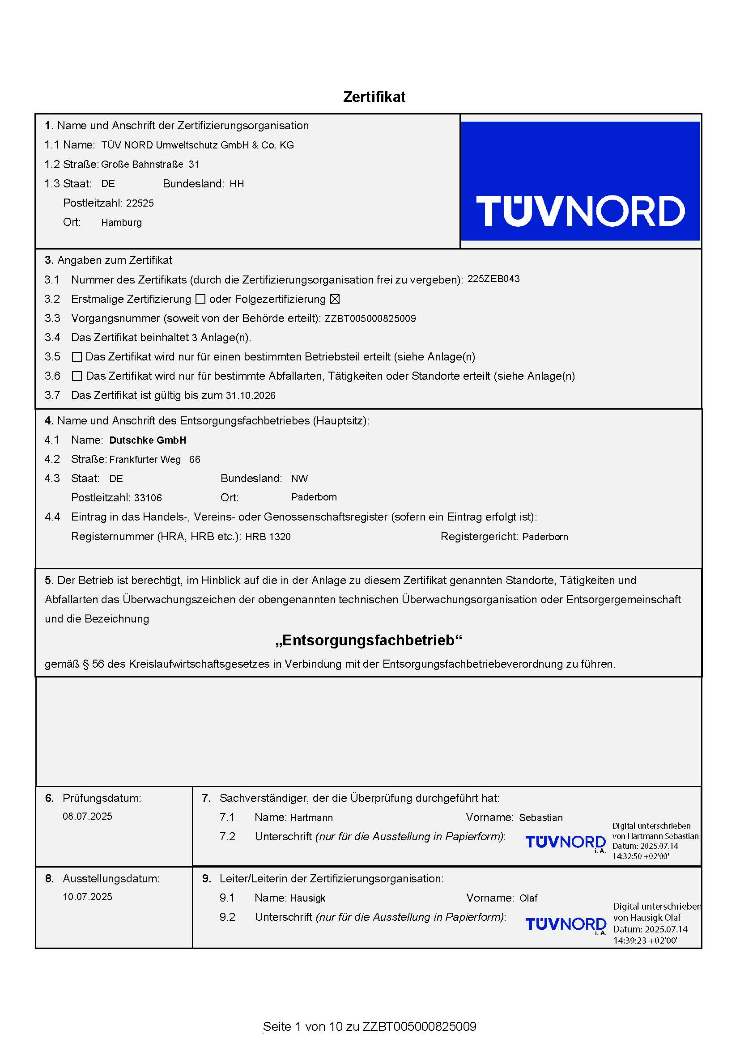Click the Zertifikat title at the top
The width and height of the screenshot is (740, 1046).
374,97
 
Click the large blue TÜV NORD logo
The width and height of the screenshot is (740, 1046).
580,181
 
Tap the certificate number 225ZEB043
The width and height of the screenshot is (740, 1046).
493,279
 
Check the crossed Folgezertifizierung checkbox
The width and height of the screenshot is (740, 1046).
335,299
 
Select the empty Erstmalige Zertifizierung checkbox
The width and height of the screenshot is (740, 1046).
200,299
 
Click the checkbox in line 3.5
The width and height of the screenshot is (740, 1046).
77,357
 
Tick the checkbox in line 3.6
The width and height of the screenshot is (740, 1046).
77,376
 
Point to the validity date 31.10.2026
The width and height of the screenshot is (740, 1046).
251,395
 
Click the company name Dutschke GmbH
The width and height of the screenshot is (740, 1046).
148,440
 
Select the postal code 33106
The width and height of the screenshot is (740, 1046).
148,498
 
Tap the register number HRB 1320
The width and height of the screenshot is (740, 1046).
268,537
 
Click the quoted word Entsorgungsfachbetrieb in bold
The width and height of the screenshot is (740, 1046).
369,640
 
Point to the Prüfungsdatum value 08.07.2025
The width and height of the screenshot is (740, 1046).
88,817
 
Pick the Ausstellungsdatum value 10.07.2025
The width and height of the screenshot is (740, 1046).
88,897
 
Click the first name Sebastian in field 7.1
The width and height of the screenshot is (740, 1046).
541,818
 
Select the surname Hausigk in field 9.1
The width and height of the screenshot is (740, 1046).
307,898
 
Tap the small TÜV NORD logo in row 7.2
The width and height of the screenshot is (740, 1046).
566,843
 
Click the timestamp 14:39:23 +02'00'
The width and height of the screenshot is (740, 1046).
645,940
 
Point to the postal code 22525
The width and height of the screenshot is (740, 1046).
140,203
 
